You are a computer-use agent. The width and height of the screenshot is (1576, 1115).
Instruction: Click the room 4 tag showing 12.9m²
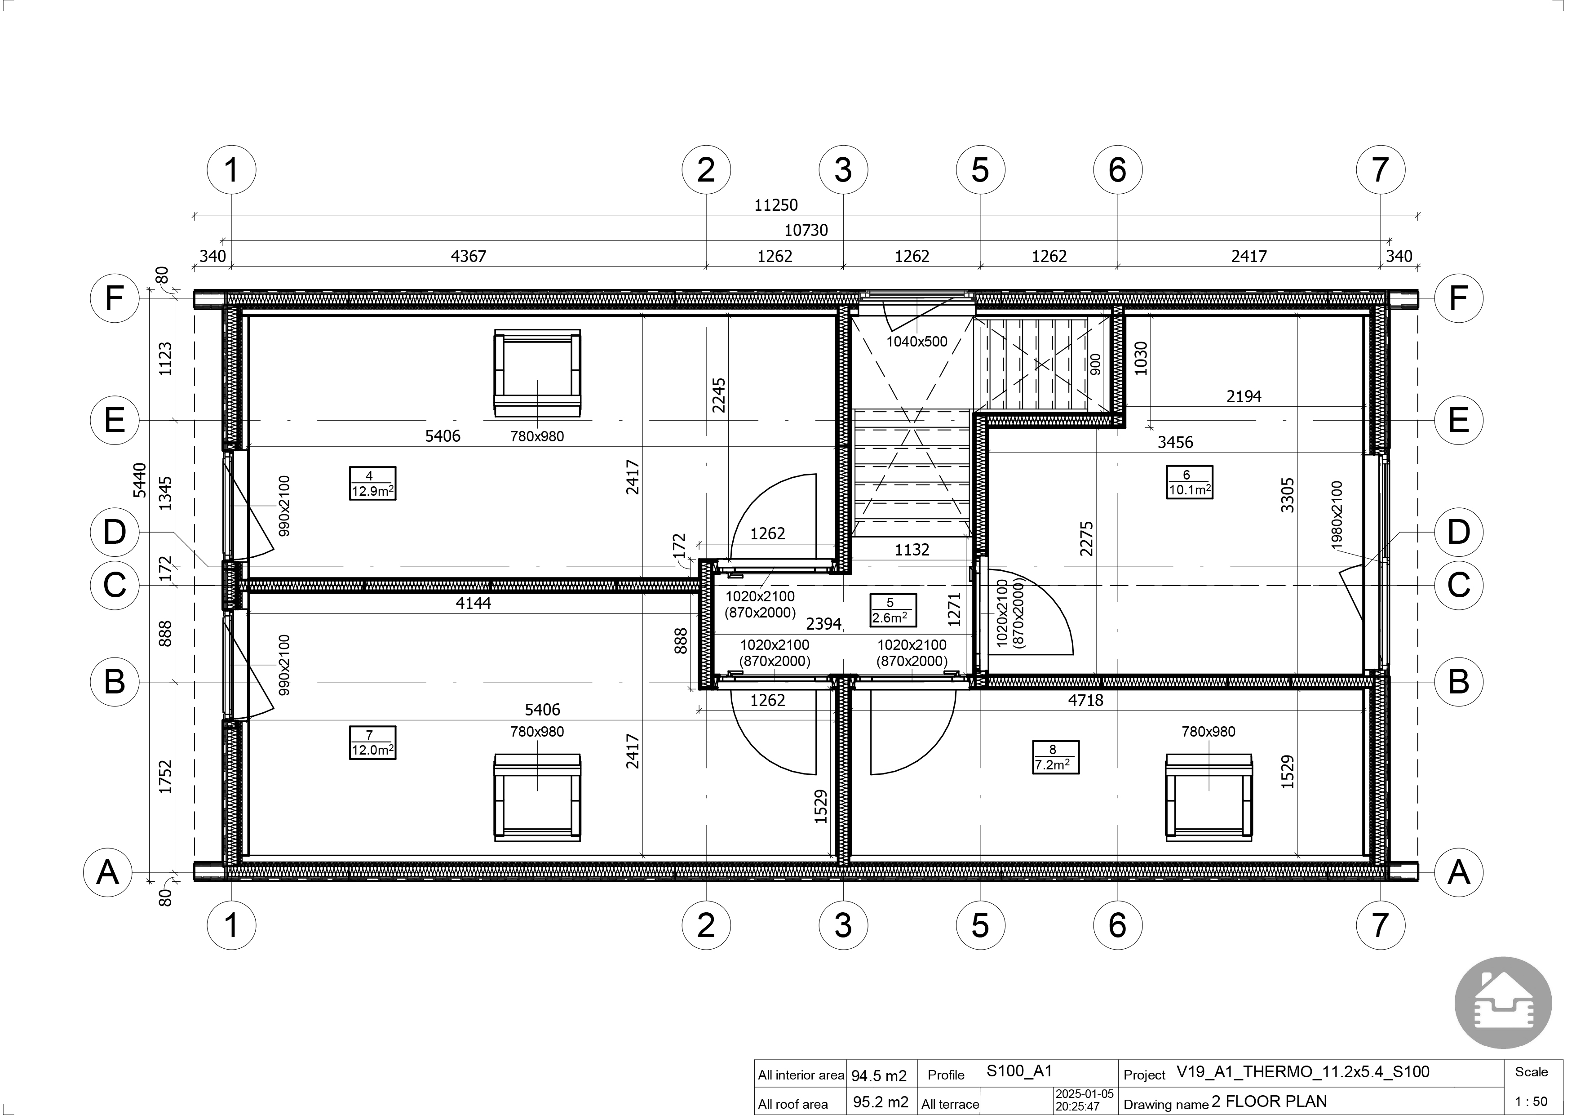tap(373, 484)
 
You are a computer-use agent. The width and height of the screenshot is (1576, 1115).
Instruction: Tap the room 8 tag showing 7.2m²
tap(1056, 757)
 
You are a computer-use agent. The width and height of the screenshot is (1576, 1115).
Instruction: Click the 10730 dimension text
tap(806, 230)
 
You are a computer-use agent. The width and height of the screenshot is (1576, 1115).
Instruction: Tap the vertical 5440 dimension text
tap(139, 480)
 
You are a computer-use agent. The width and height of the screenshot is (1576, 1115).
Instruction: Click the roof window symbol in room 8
tap(1209, 797)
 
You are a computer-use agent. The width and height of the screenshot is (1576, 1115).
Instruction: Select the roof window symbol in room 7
tap(537, 797)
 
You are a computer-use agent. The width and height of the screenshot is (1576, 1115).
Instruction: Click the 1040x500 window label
tap(917, 341)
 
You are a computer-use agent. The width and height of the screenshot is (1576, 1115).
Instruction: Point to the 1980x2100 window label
tap(1337, 514)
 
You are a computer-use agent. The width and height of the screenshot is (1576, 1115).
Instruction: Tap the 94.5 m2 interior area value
tap(879, 1075)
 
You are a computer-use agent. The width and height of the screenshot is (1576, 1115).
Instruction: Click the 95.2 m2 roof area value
tap(881, 1102)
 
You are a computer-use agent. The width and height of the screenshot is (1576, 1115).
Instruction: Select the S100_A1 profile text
tap(1019, 1071)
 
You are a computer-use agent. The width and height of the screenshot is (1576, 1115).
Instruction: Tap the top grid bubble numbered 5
tap(980, 169)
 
